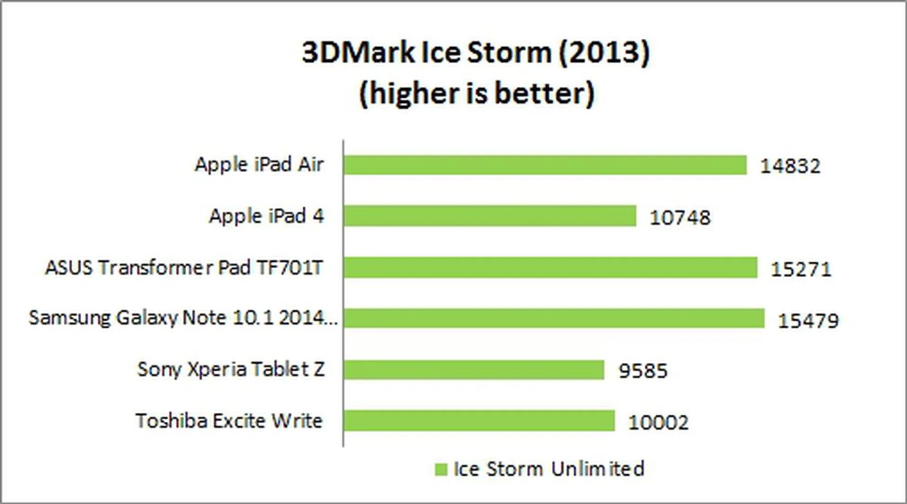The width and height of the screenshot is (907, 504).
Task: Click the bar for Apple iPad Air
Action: tap(545, 165)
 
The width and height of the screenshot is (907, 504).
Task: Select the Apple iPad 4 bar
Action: tap(490, 216)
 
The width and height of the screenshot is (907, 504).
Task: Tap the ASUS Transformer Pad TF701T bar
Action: tap(550, 267)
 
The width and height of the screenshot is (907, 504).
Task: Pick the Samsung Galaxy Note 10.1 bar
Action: tap(554, 318)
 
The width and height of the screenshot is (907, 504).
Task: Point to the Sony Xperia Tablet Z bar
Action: tap(474, 369)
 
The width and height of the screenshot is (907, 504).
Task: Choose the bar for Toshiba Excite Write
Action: tap(479, 420)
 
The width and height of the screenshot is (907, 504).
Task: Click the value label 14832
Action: tap(790, 166)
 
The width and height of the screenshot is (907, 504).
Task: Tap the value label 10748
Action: tap(680, 217)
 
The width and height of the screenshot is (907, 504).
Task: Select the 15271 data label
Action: tap(801, 269)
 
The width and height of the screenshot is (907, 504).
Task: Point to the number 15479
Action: tap(808, 320)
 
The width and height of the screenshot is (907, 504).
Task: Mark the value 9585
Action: tap(643, 371)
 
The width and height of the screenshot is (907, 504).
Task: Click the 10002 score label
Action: tap(658, 422)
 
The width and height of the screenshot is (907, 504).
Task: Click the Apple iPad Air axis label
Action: tap(259, 164)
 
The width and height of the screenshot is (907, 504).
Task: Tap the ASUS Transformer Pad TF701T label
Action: tap(184, 267)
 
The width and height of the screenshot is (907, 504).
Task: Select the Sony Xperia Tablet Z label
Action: tap(231, 369)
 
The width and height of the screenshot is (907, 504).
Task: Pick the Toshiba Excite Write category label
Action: tap(229, 420)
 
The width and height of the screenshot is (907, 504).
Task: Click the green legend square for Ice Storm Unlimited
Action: tap(441, 470)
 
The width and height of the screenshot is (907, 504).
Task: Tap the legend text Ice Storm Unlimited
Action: tap(549, 469)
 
